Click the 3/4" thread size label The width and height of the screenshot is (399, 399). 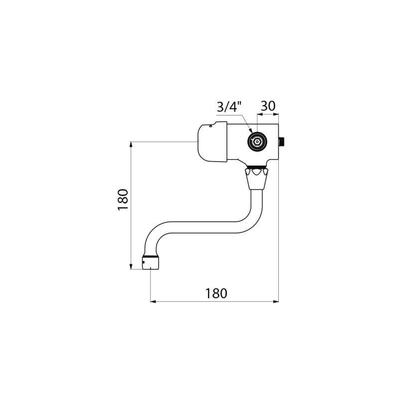(x=228, y=107)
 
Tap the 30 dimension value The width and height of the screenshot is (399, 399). (x=268, y=106)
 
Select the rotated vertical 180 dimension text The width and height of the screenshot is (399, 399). (x=123, y=199)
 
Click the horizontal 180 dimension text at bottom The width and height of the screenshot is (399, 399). (x=216, y=293)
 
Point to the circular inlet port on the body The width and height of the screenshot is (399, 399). (x=257, y=142)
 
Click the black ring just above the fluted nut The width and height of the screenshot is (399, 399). (x=257, y=167)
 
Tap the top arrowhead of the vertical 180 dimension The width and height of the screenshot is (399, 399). (x=131, y=145)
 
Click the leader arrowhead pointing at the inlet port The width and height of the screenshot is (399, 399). (x=252, y=134)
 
